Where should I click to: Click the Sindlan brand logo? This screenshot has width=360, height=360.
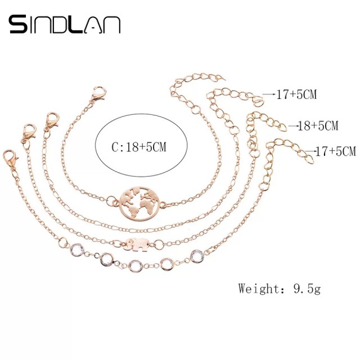[65, 24]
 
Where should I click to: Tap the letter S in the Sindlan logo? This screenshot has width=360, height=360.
[18, 24]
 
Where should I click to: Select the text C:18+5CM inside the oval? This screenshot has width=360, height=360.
[139, 147]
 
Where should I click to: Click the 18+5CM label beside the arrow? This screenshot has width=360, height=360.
[318, 125]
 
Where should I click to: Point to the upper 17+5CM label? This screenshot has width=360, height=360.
[296, 94]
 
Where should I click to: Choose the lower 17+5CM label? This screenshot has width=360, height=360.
[336, 151]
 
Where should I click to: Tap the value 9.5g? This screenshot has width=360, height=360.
[307, 289]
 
